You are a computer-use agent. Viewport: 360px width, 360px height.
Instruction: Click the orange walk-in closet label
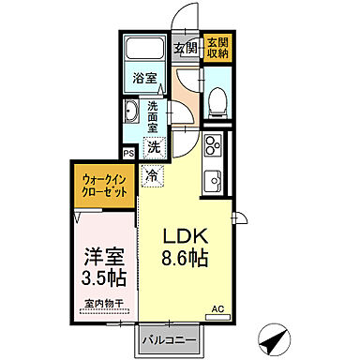pyautogui.click(x=104, y=183)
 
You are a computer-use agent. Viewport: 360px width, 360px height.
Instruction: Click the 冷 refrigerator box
pyautogui.click(x=151, y=173)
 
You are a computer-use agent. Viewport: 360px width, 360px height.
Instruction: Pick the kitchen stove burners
pyautogui.click(x=212, y=146)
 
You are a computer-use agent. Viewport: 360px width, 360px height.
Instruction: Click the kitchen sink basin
pyautogui.click(x=213, y=175)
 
